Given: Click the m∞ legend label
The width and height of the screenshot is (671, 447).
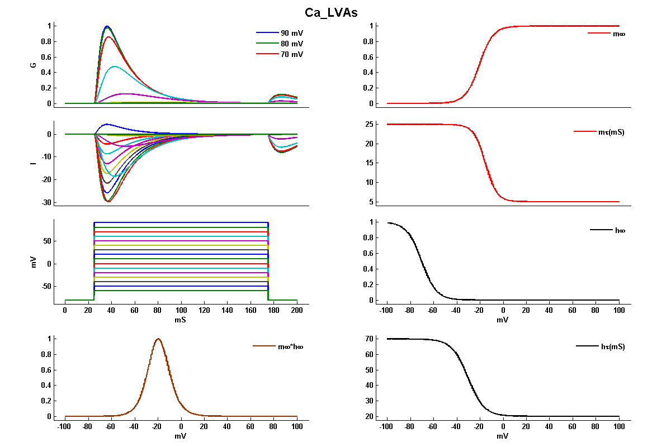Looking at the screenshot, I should click(619, 34).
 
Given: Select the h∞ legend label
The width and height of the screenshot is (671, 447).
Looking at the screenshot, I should click(619, 230).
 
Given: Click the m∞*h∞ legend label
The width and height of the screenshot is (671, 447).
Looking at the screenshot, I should click(291, 346).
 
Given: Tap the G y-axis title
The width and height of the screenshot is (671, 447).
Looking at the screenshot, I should click(34, 65).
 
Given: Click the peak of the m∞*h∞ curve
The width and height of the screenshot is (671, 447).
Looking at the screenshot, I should click(158, 339).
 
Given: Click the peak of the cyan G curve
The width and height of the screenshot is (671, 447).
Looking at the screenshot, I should click(115, 66).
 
